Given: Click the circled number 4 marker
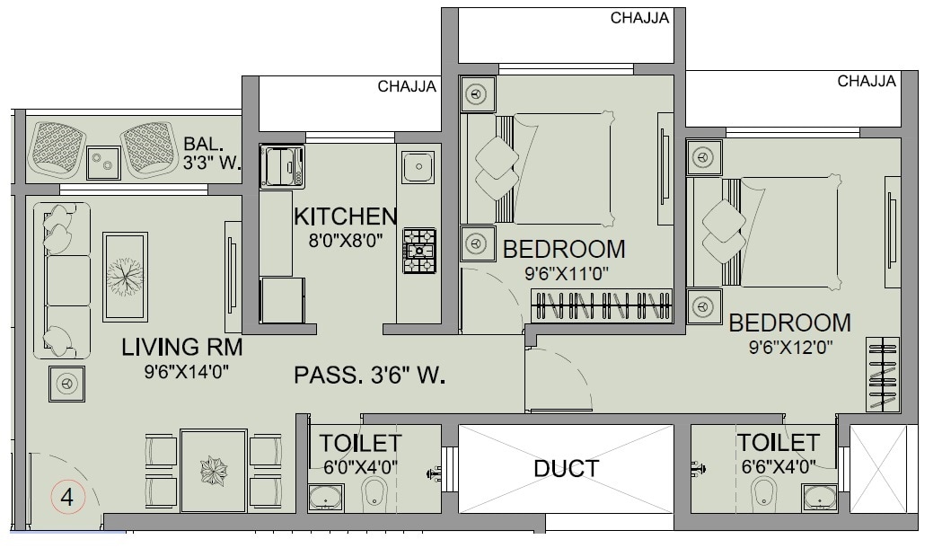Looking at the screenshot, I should [67, 496].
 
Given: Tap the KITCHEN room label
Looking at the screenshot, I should [346, 217].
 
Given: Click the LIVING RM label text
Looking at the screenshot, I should [182, 348].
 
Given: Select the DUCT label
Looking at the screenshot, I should [566, 468].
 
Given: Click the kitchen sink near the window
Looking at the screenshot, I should [418, 167].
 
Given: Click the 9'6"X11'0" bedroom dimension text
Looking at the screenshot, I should [563, 273].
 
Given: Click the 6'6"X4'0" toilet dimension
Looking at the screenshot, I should [778, 466].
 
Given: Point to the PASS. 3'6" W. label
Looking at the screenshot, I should [370, 375].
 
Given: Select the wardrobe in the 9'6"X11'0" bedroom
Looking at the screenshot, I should [603, 305].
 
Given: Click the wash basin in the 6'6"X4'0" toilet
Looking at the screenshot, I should [821, 497].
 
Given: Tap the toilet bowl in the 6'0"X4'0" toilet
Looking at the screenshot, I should [376, 493].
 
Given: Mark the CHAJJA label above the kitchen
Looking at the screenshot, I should [407, 87].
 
